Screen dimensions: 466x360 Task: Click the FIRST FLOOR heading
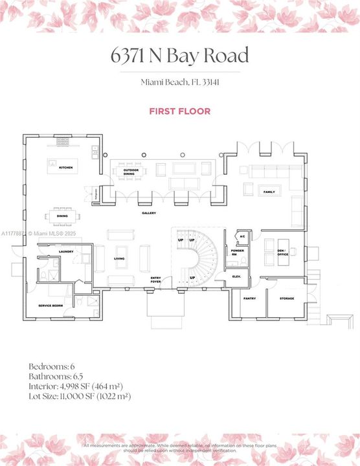click(x=179, y=111)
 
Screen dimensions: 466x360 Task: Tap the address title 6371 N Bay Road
click(x=179, y=56)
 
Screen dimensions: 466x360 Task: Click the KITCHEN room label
click(x=66, y=168)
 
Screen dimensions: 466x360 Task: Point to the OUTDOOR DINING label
click(x=131, y=172)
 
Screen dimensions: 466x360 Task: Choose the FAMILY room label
click(x=269, y=192)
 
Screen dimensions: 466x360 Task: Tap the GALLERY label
click(x=149, y=213)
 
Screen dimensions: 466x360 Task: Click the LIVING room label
click(x=120, y=258)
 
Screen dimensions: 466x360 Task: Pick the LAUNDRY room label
click(x=65, y=252)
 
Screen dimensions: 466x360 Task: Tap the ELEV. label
click(x=236, y=276)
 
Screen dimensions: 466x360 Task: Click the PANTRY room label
click(x=249, y=298)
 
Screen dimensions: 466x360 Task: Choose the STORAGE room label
click(x=287, y=298)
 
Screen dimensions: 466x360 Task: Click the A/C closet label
click(x=242, y=236)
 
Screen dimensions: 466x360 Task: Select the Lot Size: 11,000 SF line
click(x=80, y=396)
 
